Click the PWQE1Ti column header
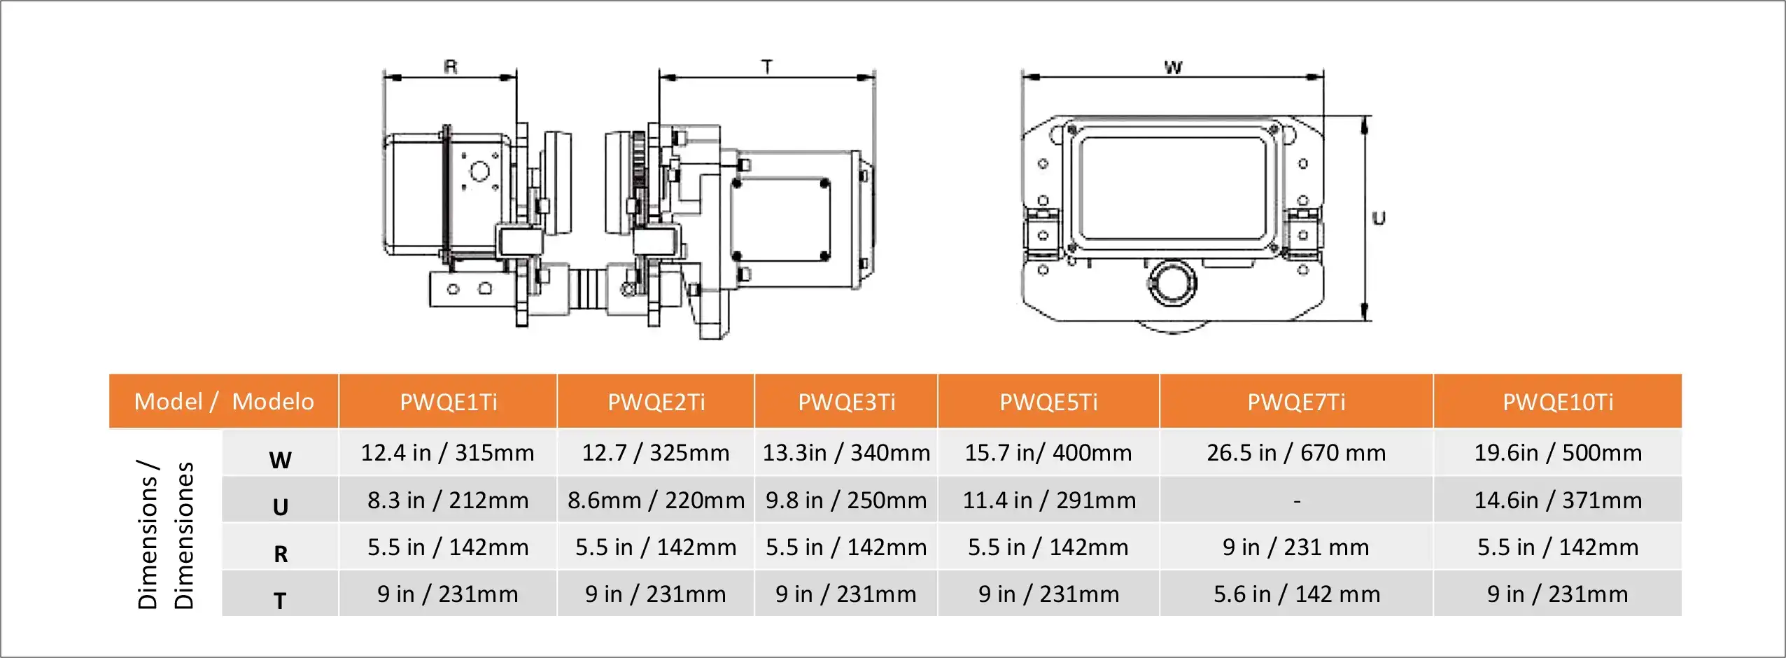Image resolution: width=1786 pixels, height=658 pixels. pos(448,402)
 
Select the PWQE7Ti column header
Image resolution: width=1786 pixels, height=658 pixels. pos(1296,402)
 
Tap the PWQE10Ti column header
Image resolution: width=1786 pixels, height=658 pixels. pos(1558,402)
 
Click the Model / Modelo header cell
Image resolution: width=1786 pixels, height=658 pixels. pos(224,401)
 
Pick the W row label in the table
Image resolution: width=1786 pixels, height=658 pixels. pos(280,460)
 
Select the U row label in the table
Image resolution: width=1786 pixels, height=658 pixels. pos(280,507)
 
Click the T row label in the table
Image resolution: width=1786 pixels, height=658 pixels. pos(280,601)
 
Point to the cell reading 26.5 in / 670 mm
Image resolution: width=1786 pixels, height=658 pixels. pos(1296,453)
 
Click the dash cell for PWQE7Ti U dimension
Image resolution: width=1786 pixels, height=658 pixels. pos(1297,500)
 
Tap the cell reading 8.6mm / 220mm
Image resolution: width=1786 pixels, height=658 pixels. pos(656,500)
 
